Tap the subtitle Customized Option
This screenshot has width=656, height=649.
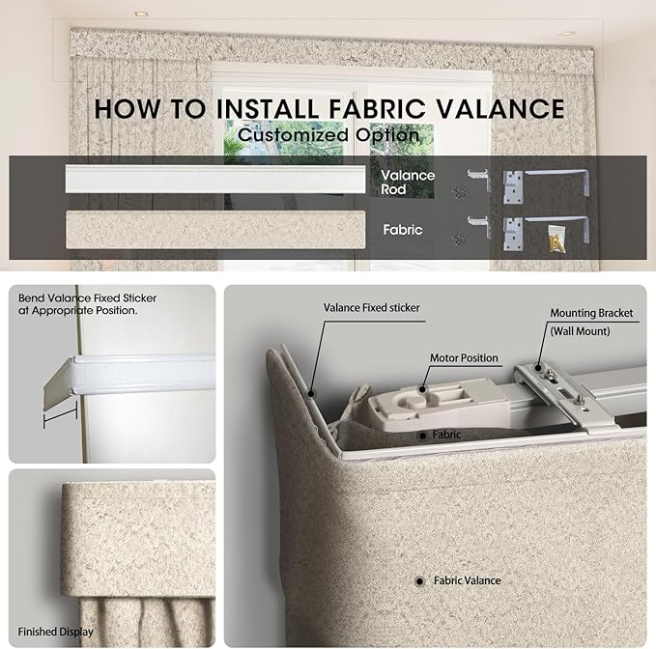coord(328,135)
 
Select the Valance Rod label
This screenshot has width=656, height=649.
coord(408,183)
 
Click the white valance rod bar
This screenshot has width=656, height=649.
coord(215,179)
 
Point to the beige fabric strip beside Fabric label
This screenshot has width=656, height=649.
coord(215,230)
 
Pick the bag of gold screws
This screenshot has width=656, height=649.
coord(557,239)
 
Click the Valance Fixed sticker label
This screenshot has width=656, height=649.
coord(372,308)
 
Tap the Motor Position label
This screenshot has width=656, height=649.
coord(464,358)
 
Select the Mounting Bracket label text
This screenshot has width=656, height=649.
coord(591,313)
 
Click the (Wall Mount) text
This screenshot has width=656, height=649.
coord(580,331)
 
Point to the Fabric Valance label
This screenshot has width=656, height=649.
coord(467,580)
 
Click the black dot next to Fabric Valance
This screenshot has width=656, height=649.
coord(419,581)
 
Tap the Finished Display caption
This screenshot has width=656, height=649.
coord(55,632)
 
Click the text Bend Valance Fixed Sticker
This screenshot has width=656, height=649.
coord(88,298)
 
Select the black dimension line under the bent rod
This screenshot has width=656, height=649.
coord(60,415)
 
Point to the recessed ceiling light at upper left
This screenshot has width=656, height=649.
coord(141,14)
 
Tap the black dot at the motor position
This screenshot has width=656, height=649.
coord(422,389)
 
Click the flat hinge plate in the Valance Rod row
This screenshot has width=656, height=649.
coord(513,187)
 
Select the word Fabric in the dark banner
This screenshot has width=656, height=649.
coord(403,230)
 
